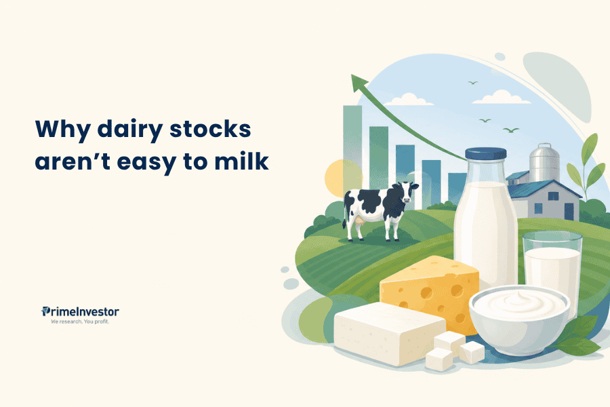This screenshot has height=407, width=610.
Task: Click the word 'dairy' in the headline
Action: tap(130, 130)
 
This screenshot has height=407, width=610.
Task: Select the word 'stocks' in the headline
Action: tap(211, 128)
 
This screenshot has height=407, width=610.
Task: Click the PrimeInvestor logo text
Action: tap(80, 311)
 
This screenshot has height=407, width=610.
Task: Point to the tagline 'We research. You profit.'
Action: tap(80, 322)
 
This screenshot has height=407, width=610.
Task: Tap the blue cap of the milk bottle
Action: tap(485, 154)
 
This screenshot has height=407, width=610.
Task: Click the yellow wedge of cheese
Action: tap(430, 292)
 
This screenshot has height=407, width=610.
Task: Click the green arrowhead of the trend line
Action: tap(359, 83)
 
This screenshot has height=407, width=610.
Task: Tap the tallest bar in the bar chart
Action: tap(352, 148)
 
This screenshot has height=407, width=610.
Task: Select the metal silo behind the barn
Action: tap(544, 162)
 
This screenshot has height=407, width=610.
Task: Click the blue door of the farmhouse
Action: tap(569, 212)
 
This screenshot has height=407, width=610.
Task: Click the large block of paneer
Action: tap(390, 333)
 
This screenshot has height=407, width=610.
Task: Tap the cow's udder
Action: tap(359, 220)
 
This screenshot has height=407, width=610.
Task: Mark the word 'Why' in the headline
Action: tap(62, 130)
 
